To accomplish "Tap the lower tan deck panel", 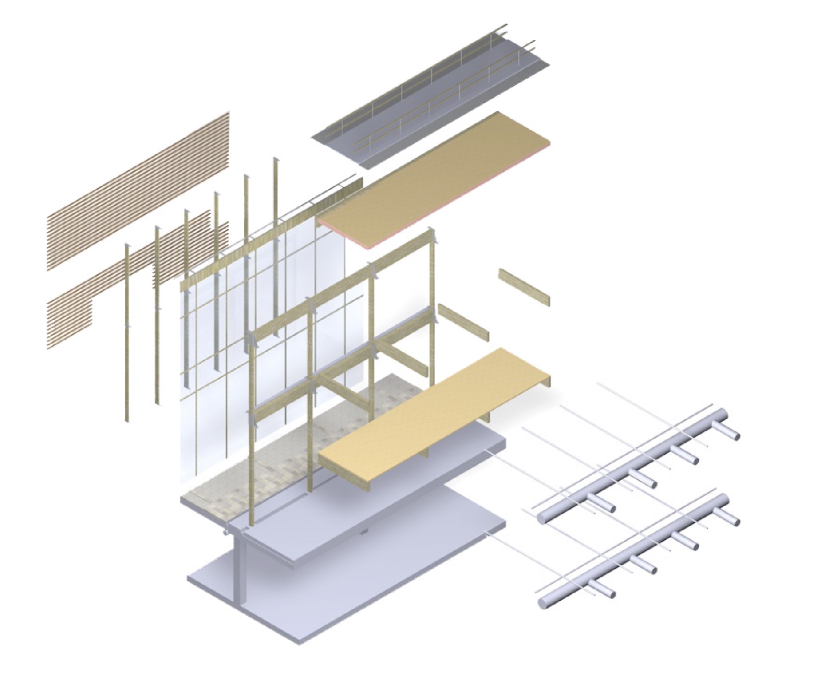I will coord(433,417).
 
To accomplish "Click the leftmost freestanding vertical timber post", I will coord(127,333).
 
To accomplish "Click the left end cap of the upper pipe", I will coord(542,518).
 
